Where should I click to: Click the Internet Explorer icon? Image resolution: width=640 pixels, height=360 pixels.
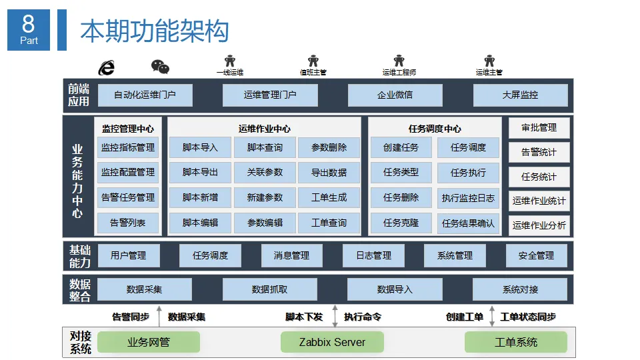coord(107,68)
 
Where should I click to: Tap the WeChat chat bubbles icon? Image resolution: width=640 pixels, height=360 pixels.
coord(160,67)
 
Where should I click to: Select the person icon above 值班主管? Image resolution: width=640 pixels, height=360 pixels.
coord(313,61)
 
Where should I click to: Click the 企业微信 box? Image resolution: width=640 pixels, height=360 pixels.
coord(395,95)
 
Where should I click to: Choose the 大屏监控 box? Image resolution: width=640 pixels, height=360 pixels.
coord(521,95)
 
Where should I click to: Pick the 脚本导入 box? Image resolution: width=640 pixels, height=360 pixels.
coord(200,147)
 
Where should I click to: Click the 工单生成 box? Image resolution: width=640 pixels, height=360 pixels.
coord(329,197)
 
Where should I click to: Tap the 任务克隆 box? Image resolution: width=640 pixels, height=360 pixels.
coord(401,223)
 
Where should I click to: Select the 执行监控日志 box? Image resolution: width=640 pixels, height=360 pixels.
coord(468,198)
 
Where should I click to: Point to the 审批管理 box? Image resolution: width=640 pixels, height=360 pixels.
coord(539,128)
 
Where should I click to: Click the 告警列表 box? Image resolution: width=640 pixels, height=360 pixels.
coord(128,223)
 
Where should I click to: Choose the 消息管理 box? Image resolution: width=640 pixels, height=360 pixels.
coord(292,255)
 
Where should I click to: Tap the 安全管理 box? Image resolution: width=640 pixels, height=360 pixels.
coord(536,255)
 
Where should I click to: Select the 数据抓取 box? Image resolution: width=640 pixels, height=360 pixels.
coord(270,289)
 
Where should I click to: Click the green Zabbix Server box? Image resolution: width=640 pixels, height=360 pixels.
coord(332,342)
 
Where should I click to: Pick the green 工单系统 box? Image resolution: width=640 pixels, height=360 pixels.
coord(516,342)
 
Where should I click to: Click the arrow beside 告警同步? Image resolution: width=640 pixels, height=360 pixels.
coord(159,316)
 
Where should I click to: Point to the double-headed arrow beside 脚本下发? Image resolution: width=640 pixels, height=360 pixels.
coord(335,316)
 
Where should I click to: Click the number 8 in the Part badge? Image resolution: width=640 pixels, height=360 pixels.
coord(28,24)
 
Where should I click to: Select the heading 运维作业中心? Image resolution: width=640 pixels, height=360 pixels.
coord(265,129)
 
